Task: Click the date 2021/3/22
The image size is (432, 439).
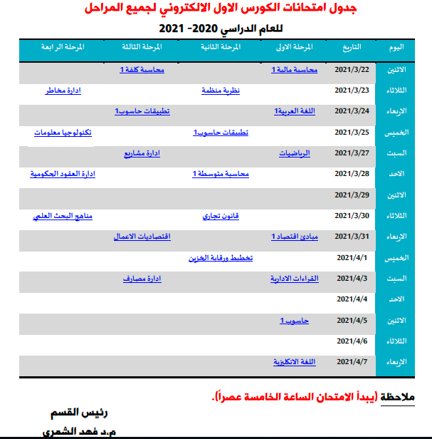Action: pyautogui.click(x=352, y=70)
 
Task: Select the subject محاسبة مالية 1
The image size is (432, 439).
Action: pyautogui.click(x=295, y=70)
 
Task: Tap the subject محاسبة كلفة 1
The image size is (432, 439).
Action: pyautogui.click(x=142, y=70)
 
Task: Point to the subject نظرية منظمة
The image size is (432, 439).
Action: pyautogui.click(x=221, y=91)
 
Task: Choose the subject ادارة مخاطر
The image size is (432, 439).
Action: pyautogui.click(x=63, y=91)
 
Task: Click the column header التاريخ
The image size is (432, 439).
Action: pyautogui.click(x=347, y=47)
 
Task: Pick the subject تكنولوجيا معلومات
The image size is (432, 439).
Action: pyautogui.click(x=63, y=133)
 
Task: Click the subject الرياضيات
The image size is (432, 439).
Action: pyautogui.click(x=295, y=153)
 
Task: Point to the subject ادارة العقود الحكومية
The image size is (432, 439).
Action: pyautogui.click(x=63, y=174)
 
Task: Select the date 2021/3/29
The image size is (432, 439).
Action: pyautogui.click(x=352, y=195)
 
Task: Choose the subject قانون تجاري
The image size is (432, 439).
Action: pyautogui.click(x=222, y=215)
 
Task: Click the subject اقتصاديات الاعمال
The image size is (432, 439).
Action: pyautogui.click(x=142, y=236)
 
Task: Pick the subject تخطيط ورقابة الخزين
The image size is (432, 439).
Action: pyautogui.click(x=221, y=257)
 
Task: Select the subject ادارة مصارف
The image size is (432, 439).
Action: pyautogui.click(x=142, y=278)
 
